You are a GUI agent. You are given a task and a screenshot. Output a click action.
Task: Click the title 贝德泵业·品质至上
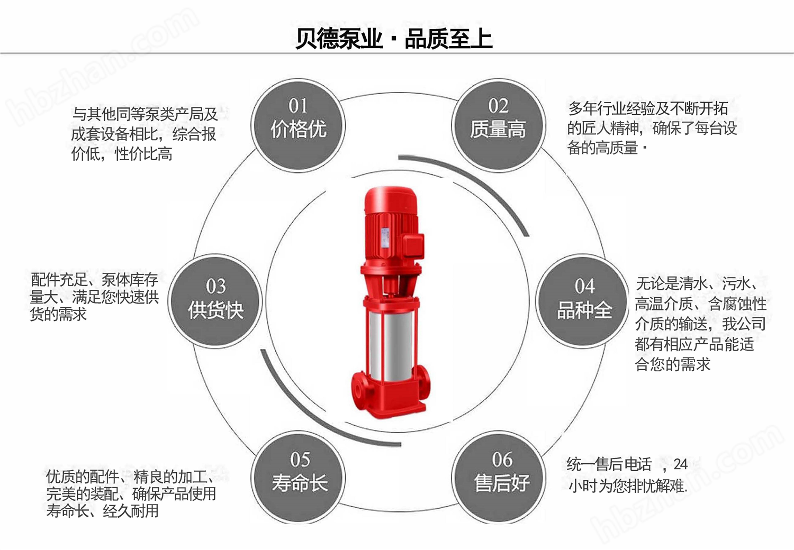point(394,39)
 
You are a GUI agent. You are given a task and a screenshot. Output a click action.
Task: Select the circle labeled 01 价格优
point(298,125)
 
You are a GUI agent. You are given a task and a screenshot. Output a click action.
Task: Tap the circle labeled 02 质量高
point(498,125)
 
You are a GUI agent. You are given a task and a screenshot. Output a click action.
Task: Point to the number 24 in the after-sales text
point(680,465)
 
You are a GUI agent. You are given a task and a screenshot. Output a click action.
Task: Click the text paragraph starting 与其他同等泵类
point(144,134)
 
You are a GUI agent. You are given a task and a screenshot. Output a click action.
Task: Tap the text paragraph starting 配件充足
point(94,297)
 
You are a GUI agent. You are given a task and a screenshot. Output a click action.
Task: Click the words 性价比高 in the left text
point(143,154)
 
